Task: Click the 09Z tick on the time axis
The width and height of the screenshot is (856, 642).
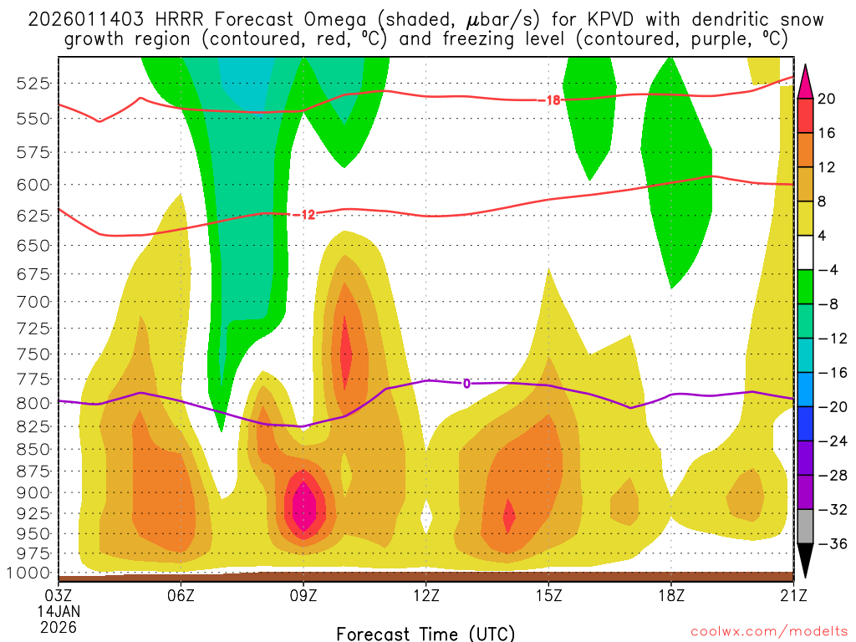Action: coord(303,595)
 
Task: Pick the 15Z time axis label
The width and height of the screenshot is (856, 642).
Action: coord(548,595)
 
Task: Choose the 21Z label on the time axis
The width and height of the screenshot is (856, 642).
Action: coord(793,595)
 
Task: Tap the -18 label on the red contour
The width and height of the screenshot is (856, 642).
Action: coord(552,100)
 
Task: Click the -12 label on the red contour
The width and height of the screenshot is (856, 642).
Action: coord(306,215)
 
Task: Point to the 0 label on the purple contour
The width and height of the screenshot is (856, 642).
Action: coord(466,384)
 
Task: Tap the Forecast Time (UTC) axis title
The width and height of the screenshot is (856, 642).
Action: coord(425,633)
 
